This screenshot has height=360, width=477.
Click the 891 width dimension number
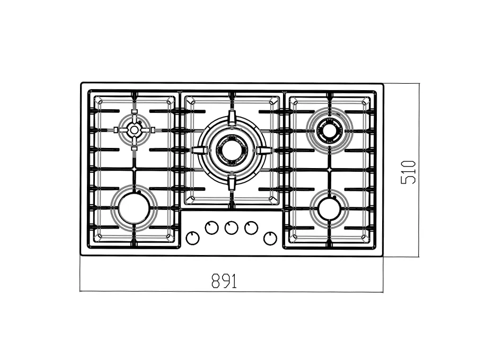coord(224,281)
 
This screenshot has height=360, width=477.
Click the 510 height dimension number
coord(408,172)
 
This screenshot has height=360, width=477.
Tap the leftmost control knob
coord(192,238)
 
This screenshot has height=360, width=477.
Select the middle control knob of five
coord(231,228)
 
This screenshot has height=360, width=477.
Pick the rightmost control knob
coord(270,238)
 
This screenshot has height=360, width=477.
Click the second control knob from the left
coord(211,228)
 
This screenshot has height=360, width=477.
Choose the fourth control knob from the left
coord(251,228)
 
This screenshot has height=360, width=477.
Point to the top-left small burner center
coord(134,130)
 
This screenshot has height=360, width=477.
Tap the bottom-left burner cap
coord(134,208)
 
